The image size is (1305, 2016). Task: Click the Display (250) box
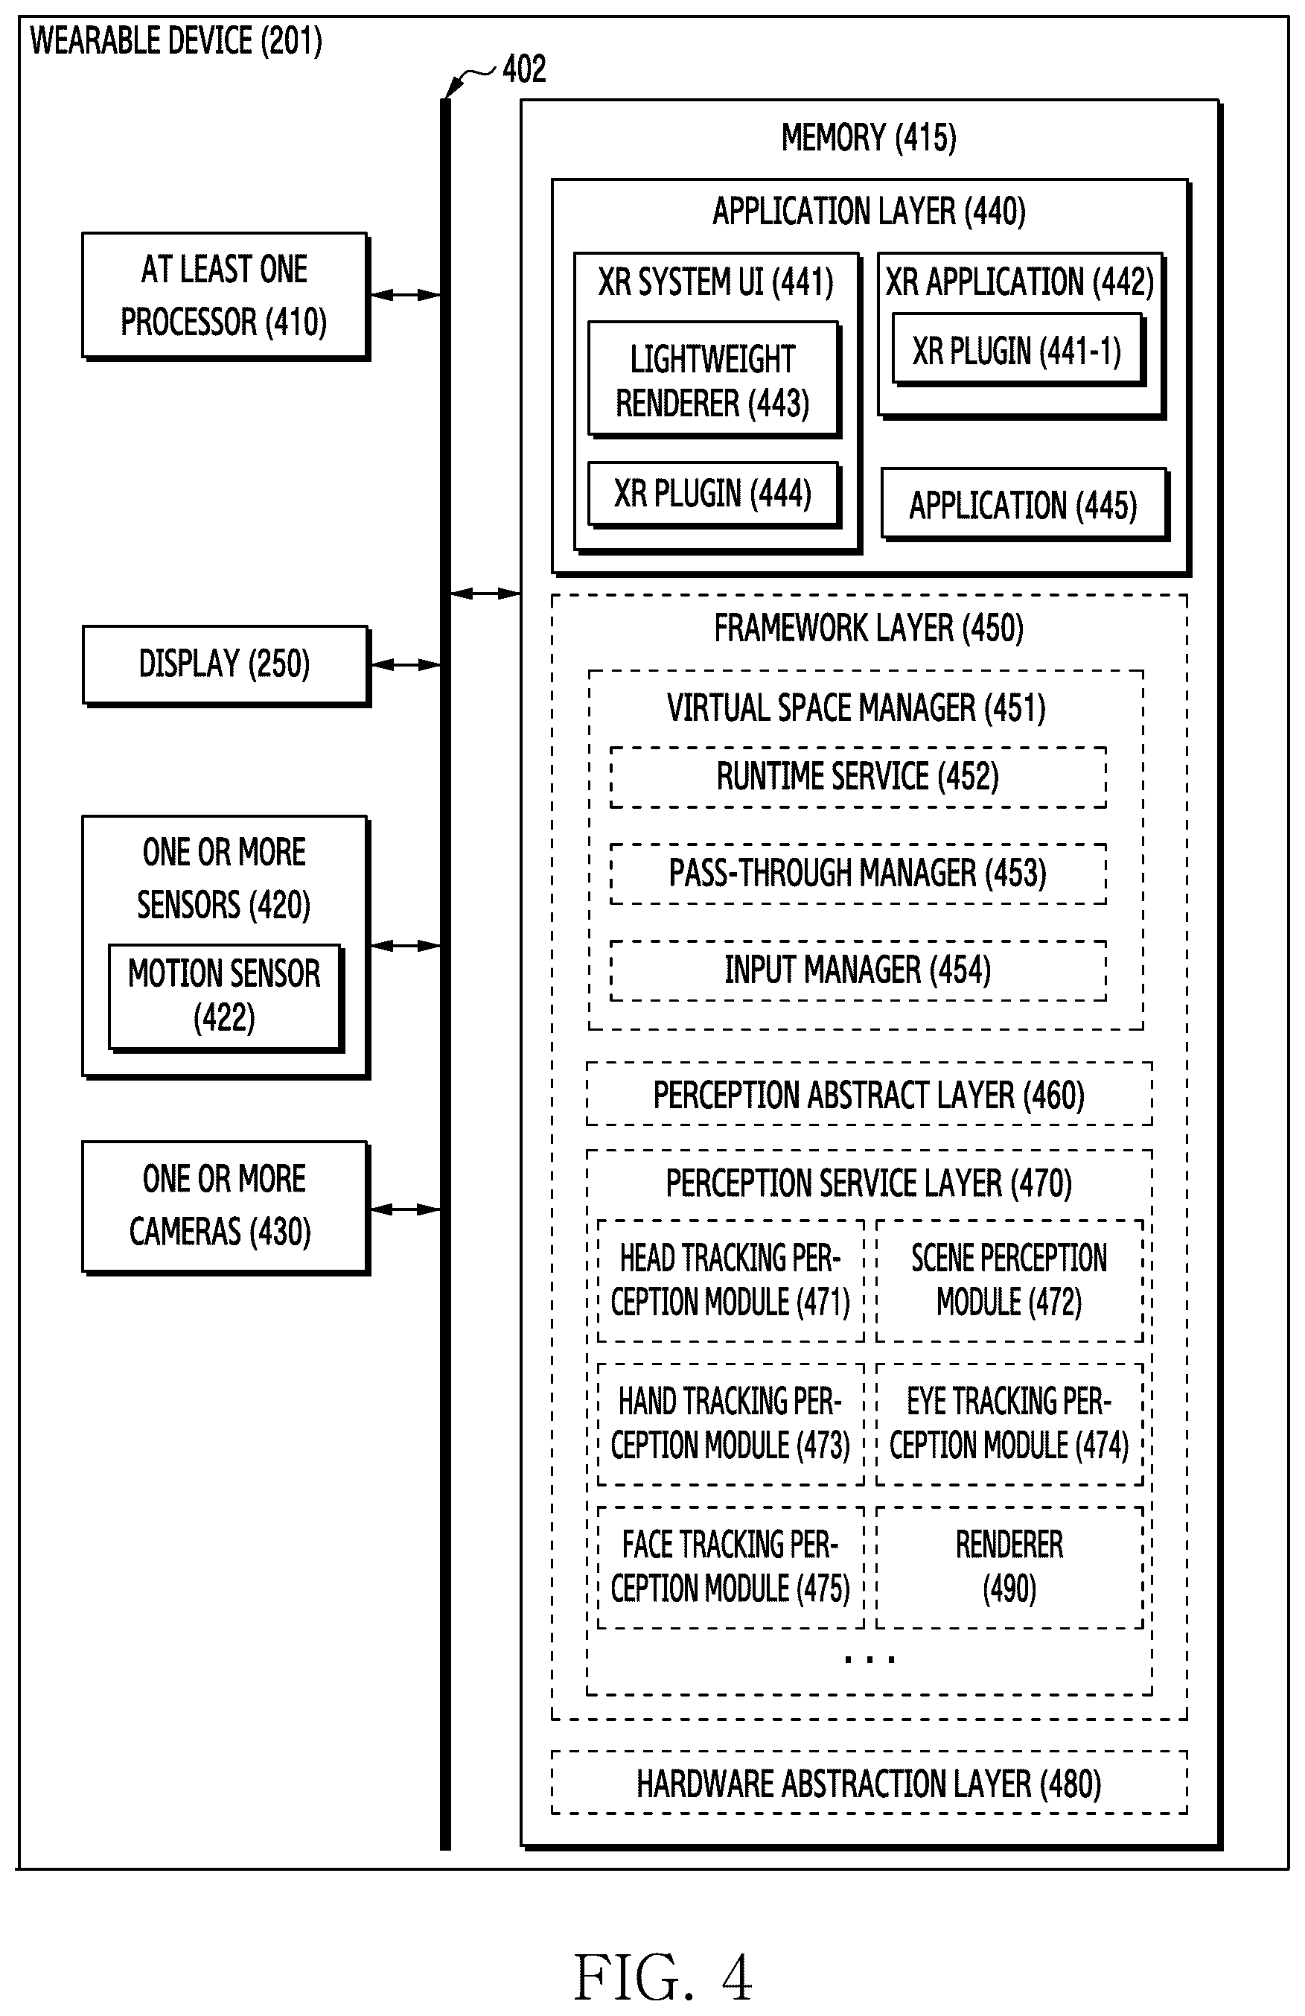click(x=226, y=665)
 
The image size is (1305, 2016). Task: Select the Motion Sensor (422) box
click(x=226, y=998)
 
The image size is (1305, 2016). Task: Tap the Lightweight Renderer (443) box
click(x=714, y=380)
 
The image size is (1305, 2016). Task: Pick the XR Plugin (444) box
click(x=714, y=495)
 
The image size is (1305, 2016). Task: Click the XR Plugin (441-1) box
click(x=1018, y=351)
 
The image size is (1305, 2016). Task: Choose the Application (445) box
click(x=1024, y=505)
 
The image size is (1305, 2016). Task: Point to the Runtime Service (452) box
click(x=858, y=777)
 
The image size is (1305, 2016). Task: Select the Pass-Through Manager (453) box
click(x=858, y=874)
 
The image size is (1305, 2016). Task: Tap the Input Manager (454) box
click(x=858, y=970)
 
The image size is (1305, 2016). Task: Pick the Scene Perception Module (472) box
click(x=1009, y=1281)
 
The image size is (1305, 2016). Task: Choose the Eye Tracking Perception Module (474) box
click(x=1009, y=1424)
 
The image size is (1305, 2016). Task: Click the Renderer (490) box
click(x=1009, y=1567)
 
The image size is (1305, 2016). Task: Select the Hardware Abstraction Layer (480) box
click(x=869, y=1783)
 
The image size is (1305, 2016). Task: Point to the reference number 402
click(x=524, y=69)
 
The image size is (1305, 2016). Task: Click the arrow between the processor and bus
click(x=406, y=295)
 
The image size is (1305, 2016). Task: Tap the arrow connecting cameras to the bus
click(x=406, y=1209)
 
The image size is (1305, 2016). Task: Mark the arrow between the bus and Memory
click(x=485, y=594)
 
